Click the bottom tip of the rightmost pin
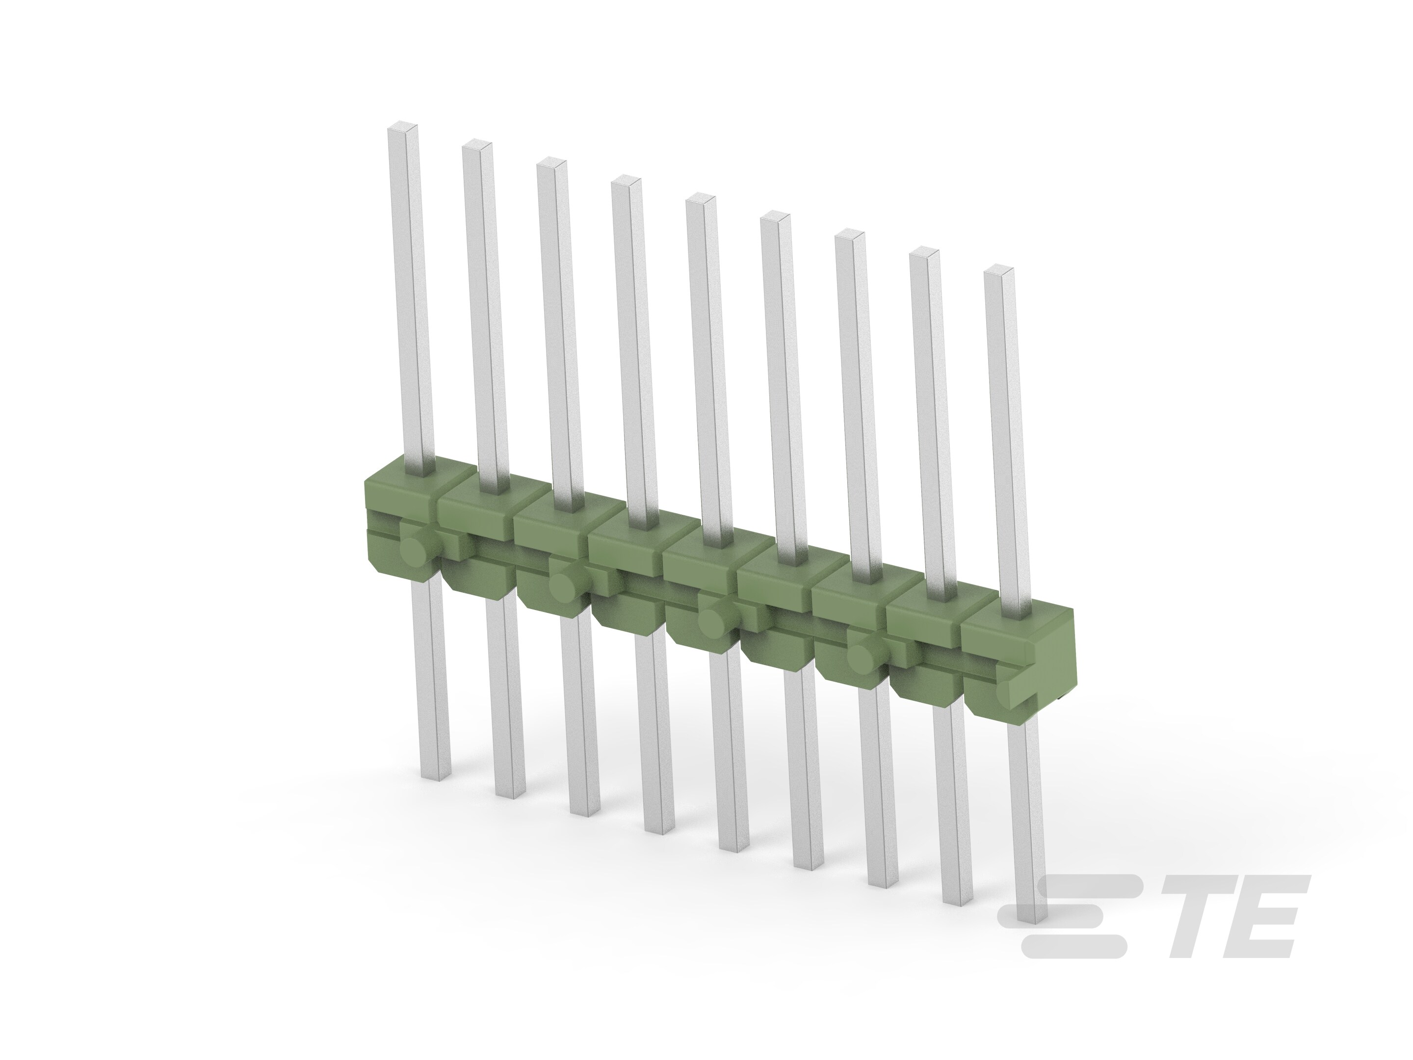coord(1031,920)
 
